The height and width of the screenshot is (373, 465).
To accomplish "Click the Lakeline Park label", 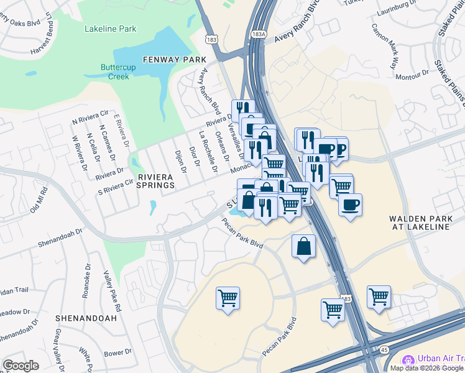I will click(109, 28).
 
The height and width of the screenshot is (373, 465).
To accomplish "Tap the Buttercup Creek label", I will click(115, 72).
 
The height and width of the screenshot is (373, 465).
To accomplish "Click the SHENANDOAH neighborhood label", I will click(86, 318).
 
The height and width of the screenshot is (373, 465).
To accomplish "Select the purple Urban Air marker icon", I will click(408, 360).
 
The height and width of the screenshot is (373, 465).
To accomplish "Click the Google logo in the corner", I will click(21, 366).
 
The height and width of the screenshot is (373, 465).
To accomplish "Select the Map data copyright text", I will click(426, 368).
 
